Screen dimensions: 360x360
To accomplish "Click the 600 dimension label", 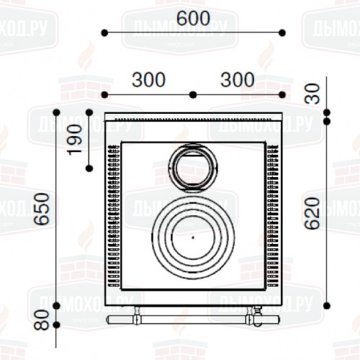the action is click(194, 19).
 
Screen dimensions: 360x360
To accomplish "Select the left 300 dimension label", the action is click(149, 80).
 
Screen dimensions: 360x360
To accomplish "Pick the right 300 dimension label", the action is click(238, 80).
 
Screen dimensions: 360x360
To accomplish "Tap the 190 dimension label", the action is click(74, 140).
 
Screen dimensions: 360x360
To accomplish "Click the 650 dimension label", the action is click(41, 209).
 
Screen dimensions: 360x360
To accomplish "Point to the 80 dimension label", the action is click(41, 320).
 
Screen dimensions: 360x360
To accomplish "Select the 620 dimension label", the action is click(312, 213).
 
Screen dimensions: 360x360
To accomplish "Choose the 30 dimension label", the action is click(312, 94).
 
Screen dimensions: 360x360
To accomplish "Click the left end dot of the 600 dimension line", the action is click(104, 33).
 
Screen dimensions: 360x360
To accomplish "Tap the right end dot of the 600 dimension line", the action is click(282, 33).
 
